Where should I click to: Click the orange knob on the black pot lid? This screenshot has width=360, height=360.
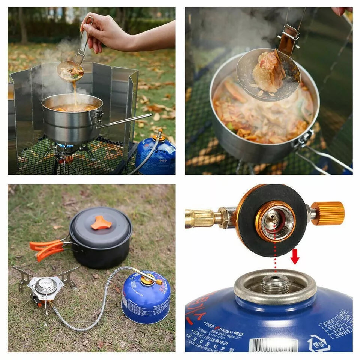pyautogui.click(x=101, y=223)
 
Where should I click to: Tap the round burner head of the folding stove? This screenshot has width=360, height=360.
pyautogui.click(x=46, y=286)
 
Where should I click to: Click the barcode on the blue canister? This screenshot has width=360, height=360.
pyautogui.click(x=273, y=344)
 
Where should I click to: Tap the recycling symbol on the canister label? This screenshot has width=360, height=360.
pyautogui.click(x=318, y=342)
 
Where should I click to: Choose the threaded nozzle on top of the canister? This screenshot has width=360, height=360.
pyautogui.click(x=275, y=284)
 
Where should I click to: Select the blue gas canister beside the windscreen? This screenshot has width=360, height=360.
pyautogui.click(x=156, y=156)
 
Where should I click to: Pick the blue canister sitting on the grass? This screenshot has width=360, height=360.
pyautogui.click(x=145, y=298)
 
